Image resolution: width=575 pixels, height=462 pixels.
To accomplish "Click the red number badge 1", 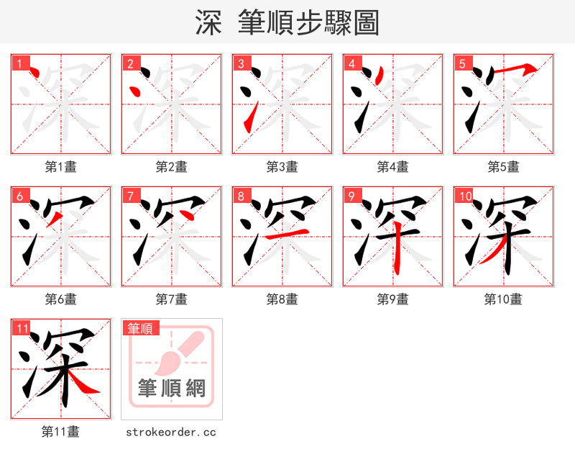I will [x=19, y=64].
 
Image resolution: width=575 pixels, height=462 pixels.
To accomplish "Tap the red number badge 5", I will [x=462, y=64].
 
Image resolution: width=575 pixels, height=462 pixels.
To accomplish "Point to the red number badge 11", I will [x=22, y=329].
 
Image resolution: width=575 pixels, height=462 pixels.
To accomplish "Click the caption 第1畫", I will [x=61, y=167].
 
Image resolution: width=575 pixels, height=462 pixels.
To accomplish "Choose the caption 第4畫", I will [x=393, y=167].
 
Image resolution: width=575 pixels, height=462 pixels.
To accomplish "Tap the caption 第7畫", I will [x=172, y=299].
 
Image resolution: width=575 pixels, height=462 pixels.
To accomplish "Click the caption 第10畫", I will [x=503, y=299].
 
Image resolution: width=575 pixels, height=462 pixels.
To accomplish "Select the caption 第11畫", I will [x=61, y=432].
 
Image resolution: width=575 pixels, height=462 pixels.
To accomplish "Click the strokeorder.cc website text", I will [x=171, y=432].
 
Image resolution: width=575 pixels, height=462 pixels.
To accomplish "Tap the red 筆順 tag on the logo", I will [x=140, y=328].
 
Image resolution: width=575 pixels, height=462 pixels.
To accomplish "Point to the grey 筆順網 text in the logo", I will [x=172, y=389].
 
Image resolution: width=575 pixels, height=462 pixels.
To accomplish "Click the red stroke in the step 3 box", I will [x=249, y=119].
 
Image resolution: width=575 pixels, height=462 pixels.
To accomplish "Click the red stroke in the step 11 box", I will [x=84, y=386].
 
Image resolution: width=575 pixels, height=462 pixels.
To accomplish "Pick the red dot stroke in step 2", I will [x=134, y=91].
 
